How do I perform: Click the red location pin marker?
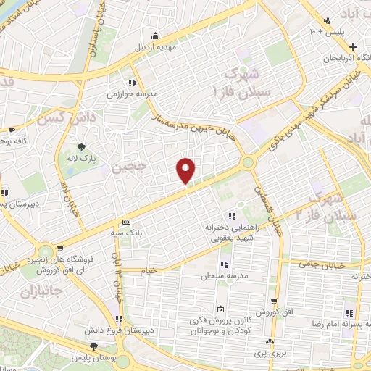[x=186, y=170]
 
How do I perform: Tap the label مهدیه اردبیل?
[x=156, y=48]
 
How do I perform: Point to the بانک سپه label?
[x=126, y=234]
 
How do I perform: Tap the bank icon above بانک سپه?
[x=126, y=222]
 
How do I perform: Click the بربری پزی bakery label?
[x=270, y=351]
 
